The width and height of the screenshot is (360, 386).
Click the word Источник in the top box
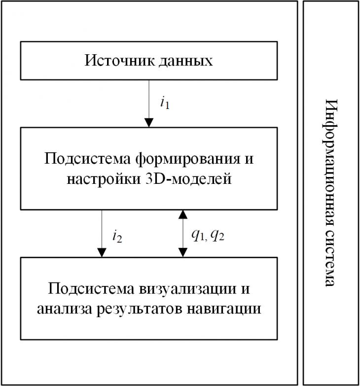tap(120, 60)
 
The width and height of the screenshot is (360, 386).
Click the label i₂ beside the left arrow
tap(117, 237)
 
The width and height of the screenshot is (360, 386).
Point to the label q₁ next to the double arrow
tap(199, 236)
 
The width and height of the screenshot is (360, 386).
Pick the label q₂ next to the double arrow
tap(217, 236)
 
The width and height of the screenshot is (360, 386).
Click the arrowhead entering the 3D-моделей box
tap(149, 123)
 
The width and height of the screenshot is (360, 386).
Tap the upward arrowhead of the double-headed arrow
tap(182, 214)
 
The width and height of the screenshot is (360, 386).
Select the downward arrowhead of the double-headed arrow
tap(182, 252)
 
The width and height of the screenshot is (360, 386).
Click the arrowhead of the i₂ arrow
tap(102, 252)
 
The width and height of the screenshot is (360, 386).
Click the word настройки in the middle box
tap(104, 179)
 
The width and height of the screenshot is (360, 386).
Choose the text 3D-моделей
tap(188, 179)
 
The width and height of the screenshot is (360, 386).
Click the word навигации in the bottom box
tap(224, 309)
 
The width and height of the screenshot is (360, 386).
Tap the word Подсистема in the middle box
tap(87, 159)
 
